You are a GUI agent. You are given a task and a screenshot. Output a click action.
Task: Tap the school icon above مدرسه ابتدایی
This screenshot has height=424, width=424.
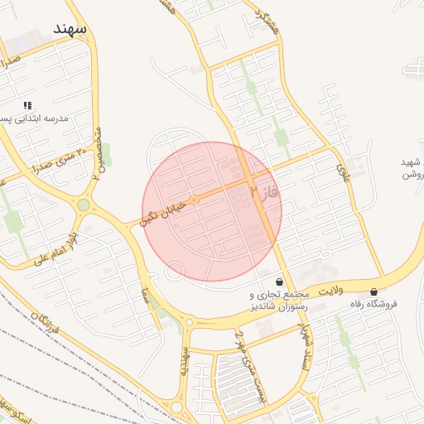pyautogui.click(x=27, y=106)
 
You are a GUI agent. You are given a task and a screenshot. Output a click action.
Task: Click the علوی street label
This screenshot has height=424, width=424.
pyautogui.click(x=344, y=172)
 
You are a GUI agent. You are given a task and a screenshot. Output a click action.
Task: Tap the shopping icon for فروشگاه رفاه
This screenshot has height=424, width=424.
pyautogui.click(x=374, y=291)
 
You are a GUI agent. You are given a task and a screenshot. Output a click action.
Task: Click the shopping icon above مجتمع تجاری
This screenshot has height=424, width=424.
pyautogui.click(x=278, y=282)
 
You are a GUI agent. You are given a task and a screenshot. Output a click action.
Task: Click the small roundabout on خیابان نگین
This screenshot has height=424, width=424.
pyautogui.click(x=195, y=200)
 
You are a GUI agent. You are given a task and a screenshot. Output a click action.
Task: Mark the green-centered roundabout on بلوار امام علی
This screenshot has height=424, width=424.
pyautogui.click(x=84, y=205)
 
